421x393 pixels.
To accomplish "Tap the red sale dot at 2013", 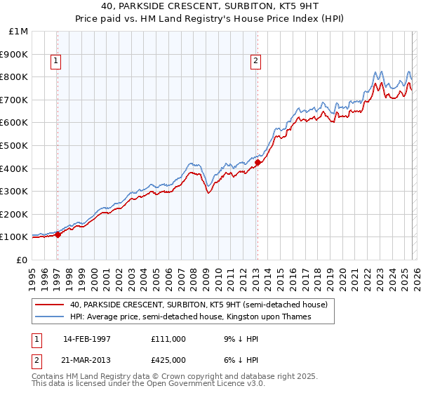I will point(257,162).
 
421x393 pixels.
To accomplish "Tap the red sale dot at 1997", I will point(58,234).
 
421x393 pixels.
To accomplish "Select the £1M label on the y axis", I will point(19,31).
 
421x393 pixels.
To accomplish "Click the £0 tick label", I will point(22,260).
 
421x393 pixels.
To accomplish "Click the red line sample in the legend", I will point(50,305).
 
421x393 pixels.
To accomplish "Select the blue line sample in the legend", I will point(50,317).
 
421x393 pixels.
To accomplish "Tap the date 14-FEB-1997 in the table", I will point(87,339).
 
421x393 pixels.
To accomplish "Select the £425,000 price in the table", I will point(168,359).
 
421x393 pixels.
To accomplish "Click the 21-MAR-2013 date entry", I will point(87,359).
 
